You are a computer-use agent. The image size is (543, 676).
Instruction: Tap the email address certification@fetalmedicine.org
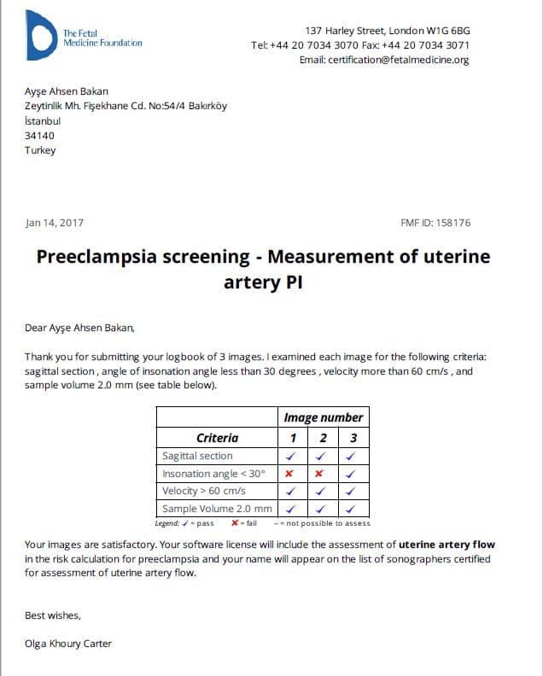coord(383,60)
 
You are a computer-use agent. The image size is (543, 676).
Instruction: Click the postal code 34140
coord(40,135)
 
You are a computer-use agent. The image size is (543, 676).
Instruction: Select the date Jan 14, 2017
coord(55,223)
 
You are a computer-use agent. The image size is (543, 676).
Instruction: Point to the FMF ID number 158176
coord(452,223)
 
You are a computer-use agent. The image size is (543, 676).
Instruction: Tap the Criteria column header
coord(218,438)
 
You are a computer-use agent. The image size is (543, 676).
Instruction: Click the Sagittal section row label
coord(197,456)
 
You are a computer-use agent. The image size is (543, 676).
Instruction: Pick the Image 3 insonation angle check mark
coord(350,473)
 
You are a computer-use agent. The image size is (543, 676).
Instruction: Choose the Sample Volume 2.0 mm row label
coord(217,509)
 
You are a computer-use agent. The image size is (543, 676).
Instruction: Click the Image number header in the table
coord(324,417)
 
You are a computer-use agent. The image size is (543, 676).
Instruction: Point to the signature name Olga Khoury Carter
coord(68,644)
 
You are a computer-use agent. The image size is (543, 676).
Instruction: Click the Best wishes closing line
coord(53,615)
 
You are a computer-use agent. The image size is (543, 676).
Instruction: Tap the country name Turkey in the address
coord(40,150)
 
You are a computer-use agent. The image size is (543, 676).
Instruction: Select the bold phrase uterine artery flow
coord(447,544)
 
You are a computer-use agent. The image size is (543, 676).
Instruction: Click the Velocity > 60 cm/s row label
coord(205,491)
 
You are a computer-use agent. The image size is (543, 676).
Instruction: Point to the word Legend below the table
coord(167,523)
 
